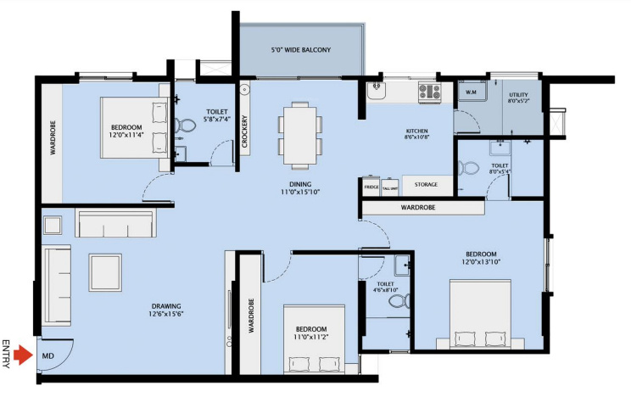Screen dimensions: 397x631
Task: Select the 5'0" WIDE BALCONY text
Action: [300, 50]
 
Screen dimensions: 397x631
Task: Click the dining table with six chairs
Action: [300, 133]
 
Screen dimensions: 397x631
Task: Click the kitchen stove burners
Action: [429, 90]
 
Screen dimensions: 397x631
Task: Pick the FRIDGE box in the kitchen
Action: [371, 187]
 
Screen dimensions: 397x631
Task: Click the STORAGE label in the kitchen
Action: [425, 184]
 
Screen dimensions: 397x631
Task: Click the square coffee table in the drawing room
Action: [106, 271]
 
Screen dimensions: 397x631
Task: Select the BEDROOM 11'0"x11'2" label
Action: [310, 333]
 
